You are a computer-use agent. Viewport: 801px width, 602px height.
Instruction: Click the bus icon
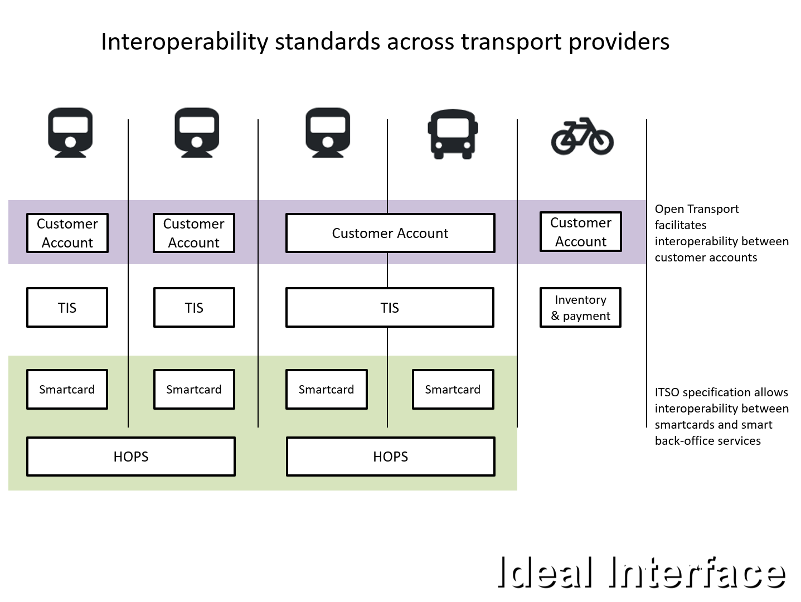pyautogui.click(x=453, y=134)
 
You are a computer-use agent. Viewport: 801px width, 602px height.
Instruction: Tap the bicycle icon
pyautogui.click(x=582, y=136)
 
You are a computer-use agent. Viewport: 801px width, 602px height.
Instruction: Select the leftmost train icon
pyautogui.click(x=70, y=133)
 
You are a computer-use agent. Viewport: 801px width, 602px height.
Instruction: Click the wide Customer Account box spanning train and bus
pyautogui.click(x=390, y=233)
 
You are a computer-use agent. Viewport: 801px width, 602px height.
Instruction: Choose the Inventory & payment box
pyautogui.click(x=580, y=308)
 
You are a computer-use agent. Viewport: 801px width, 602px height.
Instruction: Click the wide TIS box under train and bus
pyautogui.click(x=390, y=308)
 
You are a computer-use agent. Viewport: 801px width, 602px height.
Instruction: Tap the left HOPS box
pyautogui.click(x=131, y=457)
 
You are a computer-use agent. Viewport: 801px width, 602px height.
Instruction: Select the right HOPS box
pyautogui.click(x=390, y=457)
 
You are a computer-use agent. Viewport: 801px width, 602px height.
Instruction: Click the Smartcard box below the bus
pyautogui.click(x=453, y=389)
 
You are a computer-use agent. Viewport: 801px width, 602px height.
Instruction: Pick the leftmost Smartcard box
pyautogui.click(x=67, y=389)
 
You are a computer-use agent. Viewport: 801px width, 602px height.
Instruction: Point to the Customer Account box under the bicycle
pyautogui.click(x=580, y=232)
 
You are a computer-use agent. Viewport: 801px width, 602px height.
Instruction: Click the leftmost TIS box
pyautogui.click(x=67, y=308)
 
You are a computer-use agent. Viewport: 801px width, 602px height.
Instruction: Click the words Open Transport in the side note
pyautogui.click(x=697, y=209)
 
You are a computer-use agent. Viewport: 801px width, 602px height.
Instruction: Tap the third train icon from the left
pyautogui.click(x=328, y=133)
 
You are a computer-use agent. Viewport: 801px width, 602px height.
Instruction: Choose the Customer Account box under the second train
pyautogui.click(x=194, y=233)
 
